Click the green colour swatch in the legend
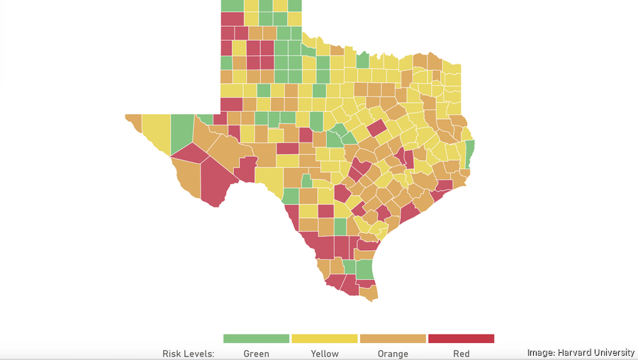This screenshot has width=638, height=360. [256, 339]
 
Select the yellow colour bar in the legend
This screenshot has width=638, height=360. [324, 339]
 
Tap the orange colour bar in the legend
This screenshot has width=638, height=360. [393, 339]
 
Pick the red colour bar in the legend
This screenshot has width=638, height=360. [461, 339]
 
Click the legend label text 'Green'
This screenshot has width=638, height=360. [256, 354]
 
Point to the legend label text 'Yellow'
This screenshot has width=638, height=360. [324, 354]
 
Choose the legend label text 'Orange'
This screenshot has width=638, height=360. [393, 354]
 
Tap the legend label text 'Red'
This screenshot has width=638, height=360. [461, 354]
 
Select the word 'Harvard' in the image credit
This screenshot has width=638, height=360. [574, 353]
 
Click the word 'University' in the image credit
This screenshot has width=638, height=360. [614, 353]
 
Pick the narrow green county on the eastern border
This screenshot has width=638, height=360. [470, 150]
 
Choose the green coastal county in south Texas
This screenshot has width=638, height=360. [364, 269]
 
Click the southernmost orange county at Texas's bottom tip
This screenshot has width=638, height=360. [370, 293]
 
